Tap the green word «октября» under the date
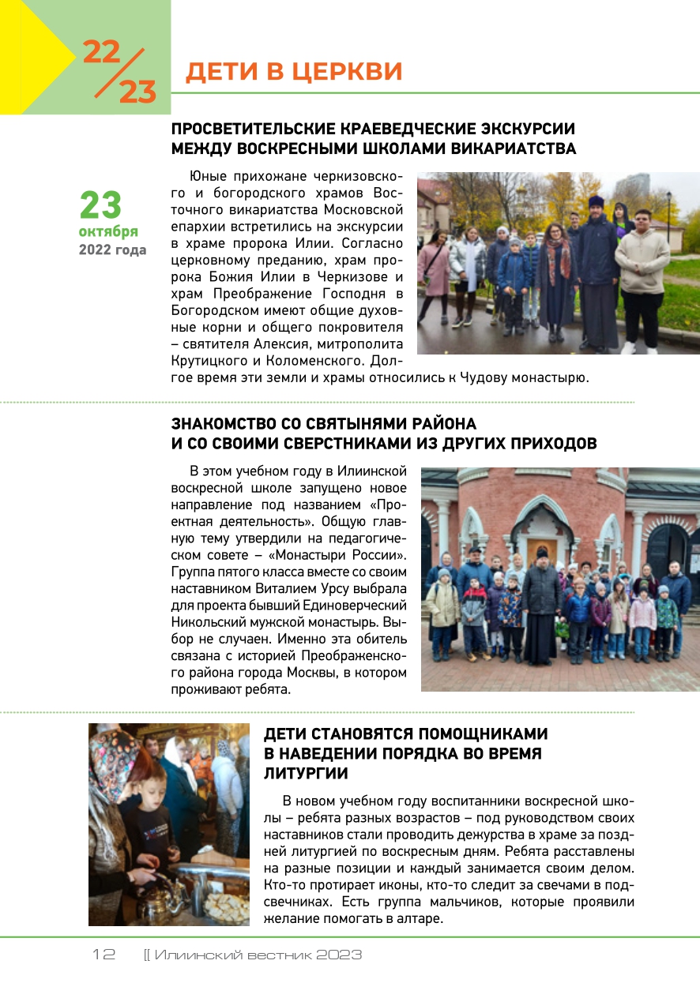(108, 231)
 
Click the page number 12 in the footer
(103, 955)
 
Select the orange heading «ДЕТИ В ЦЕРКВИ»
(294, 72)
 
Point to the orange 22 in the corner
(101, 53)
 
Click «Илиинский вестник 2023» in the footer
(258, 955)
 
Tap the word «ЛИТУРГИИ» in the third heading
(307, 773)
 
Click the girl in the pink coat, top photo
(434, 272)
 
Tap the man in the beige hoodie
(642, 268)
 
